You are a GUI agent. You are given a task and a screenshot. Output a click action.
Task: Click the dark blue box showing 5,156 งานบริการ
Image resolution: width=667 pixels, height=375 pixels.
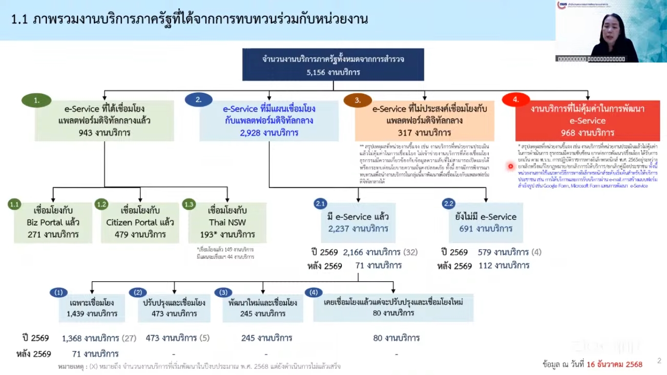click(333, 64)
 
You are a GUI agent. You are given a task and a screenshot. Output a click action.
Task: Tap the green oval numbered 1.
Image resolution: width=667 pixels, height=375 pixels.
click(37, 101)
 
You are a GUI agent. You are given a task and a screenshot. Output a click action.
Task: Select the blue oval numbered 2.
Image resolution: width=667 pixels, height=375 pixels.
click(199, 100)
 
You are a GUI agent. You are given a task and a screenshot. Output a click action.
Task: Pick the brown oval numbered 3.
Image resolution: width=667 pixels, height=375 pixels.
click(357, 101)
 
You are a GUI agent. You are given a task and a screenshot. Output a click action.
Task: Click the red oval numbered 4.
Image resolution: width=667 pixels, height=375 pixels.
click(516, 100)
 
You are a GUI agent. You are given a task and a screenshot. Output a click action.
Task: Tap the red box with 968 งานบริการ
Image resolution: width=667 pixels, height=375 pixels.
click(587, 121)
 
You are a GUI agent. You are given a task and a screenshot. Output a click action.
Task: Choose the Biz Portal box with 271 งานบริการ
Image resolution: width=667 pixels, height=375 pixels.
click(53, 223)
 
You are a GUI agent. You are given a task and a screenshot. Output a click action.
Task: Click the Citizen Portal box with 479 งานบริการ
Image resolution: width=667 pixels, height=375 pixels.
click(140, 223)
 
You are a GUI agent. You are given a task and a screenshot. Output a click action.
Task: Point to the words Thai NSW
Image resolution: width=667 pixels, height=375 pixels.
click(227, 223)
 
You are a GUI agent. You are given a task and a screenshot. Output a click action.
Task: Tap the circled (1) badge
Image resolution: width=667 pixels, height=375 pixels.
click(59, 292)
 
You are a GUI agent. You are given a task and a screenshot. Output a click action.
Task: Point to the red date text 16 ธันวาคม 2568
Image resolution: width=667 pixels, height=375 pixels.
click(614, 364)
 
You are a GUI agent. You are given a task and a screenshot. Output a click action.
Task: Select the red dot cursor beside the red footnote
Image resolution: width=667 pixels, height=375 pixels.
click(511, 166)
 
